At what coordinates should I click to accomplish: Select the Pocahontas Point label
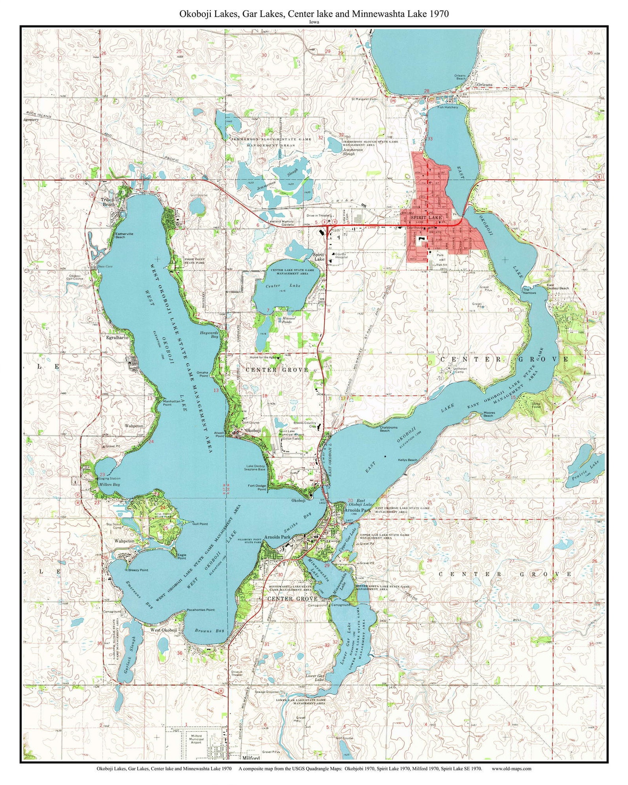[x=201, y=610]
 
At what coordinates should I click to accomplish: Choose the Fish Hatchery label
[x=448, y=107]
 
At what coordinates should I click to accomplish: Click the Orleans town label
[x=484, y=85]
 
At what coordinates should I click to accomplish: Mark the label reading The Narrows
[x=530, y=291]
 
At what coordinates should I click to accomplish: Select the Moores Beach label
[x=489, y=414]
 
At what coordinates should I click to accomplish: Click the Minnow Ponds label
[x=287, y=320]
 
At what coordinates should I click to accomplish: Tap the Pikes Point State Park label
[x=195, y=261]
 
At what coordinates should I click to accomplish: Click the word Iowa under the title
[x=314, y=22]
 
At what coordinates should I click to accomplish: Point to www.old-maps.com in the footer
[x=511, y=769]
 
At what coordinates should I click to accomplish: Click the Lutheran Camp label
[x=461, y=370]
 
